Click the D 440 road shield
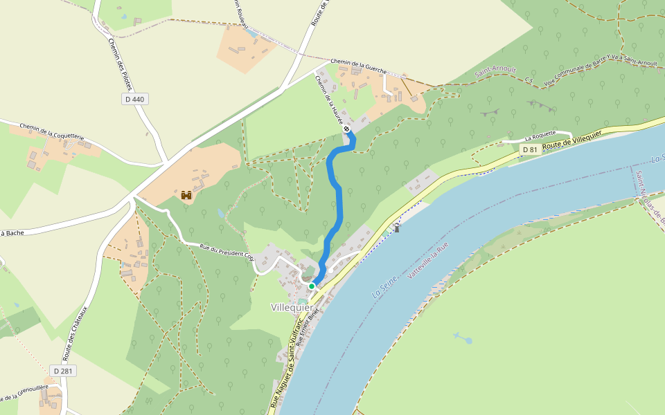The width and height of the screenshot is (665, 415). click(x=136, y=100)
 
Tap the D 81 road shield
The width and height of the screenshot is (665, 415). click(x=530, y=149)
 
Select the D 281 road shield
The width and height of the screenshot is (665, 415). click(x=64, y=371)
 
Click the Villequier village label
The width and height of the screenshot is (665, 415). click(x=292, y=307)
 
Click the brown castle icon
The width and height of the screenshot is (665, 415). click(x=186, y=196)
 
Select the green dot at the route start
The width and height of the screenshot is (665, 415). click(x=312, y=286)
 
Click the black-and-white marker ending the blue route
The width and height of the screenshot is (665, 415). click(x=346, y=128)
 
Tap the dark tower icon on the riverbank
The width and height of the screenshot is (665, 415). click(x=397, y=227)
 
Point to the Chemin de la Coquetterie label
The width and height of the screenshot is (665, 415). click(x=52, y=132)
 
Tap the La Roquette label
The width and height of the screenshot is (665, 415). click(x=541, y=138)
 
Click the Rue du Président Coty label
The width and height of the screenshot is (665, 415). click(x=227, y=250)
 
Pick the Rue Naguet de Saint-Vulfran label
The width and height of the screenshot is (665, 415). click(x=285, y=367)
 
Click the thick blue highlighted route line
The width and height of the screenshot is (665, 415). click(x=339, y=201)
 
